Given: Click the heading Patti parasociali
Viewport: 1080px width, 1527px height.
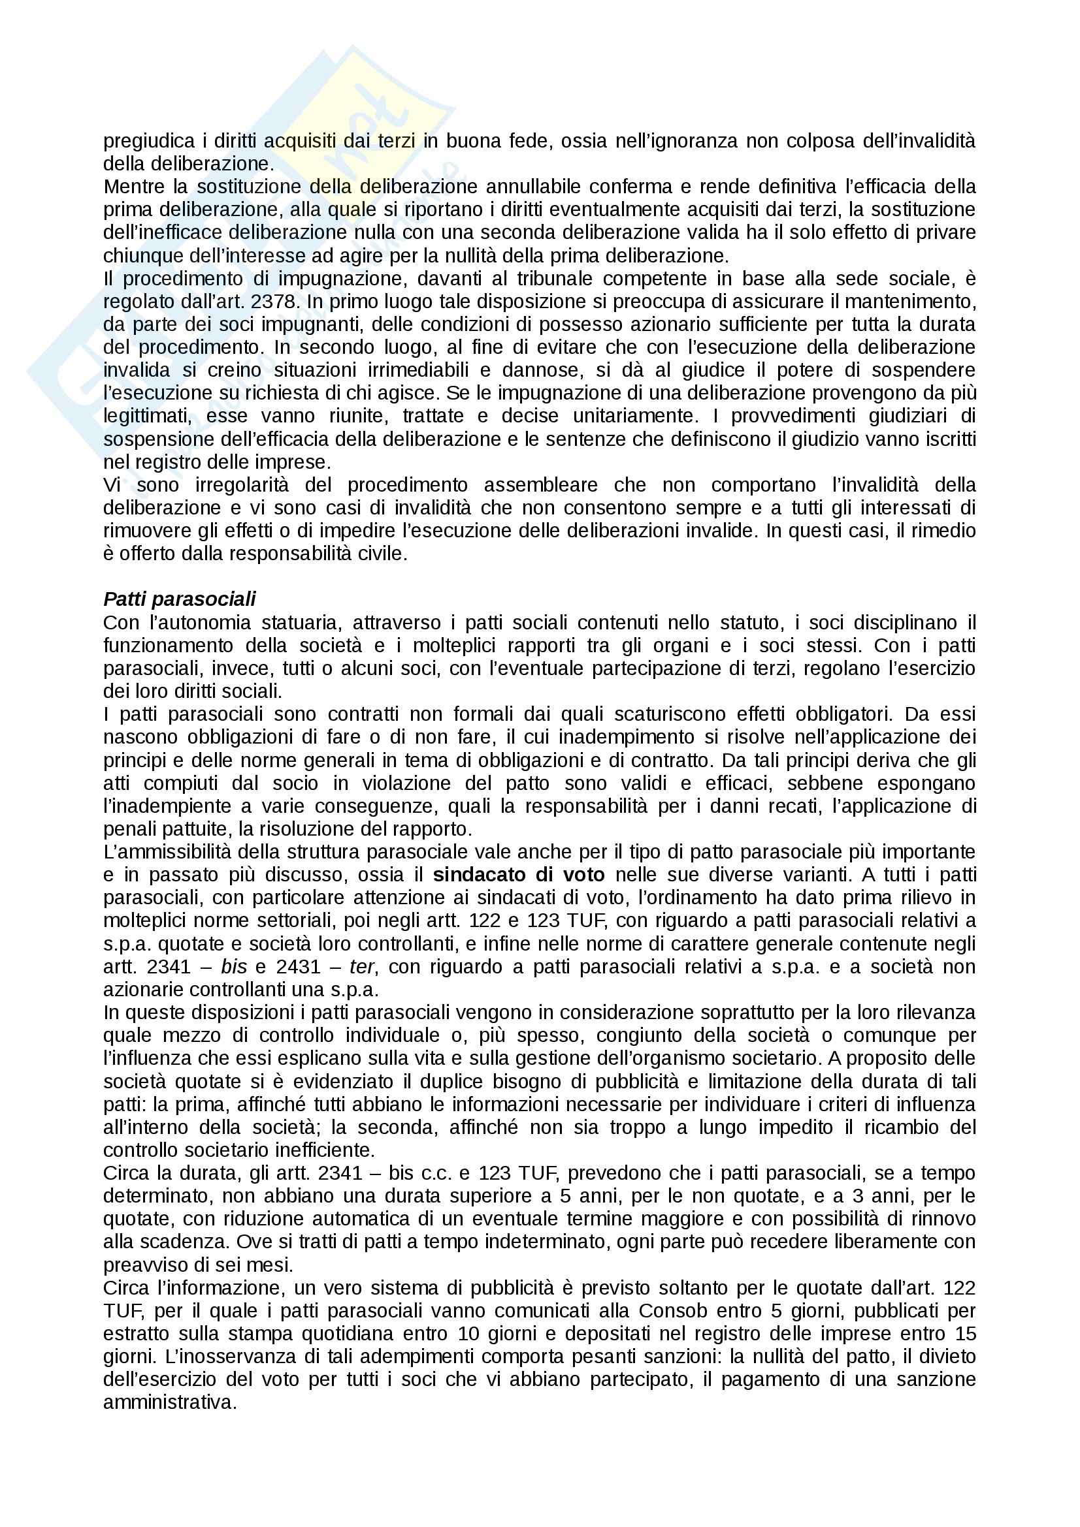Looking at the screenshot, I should pos(180,599).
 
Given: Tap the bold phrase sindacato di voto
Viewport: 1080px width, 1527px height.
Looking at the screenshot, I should pos(518,875).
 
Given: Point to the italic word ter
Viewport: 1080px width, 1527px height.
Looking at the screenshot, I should pos(361,966).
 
